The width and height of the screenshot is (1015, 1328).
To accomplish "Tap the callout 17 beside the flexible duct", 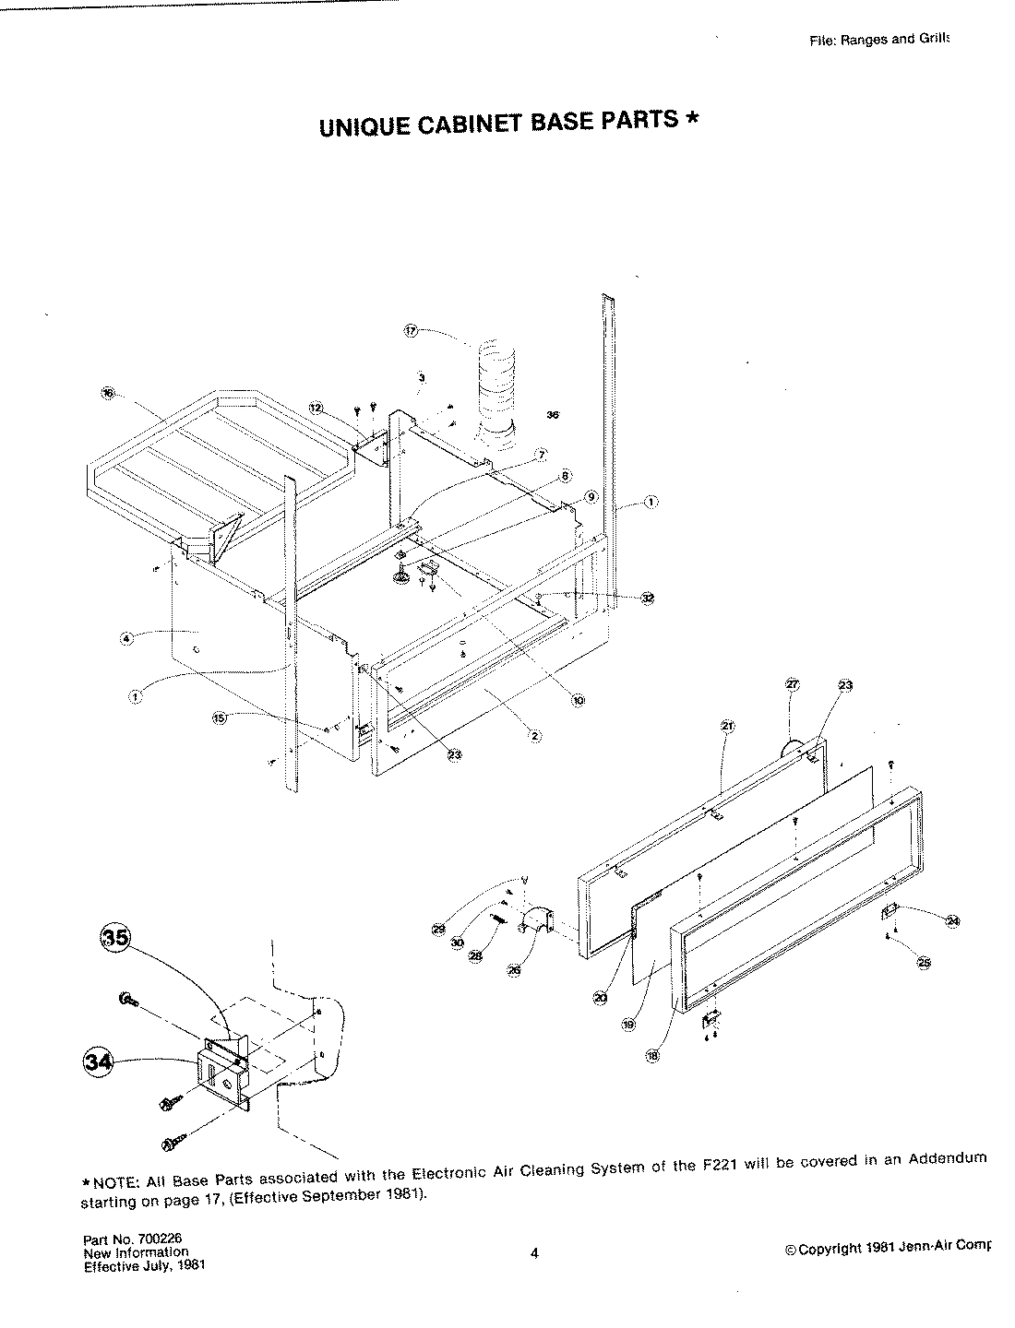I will [x=412, y=330].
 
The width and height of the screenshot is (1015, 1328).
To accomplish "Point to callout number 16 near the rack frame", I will [x=108, y=394].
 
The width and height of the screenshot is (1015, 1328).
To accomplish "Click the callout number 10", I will [x=579, y=701].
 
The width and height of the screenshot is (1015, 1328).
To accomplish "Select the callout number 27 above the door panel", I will [x=792, y=684].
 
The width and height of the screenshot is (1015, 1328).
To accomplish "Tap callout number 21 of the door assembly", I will [x=726, y=726].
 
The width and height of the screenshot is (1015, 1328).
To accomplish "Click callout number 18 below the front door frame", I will [x=653, y=1057].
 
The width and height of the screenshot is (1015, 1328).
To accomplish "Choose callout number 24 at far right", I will [x=953, y=919].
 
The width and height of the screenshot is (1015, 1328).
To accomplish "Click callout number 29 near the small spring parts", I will [x=438, y=929].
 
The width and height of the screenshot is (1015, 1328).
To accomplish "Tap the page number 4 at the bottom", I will [x=535, y=1252].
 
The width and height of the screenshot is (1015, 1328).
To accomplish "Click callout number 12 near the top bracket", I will [x=316, y=407].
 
